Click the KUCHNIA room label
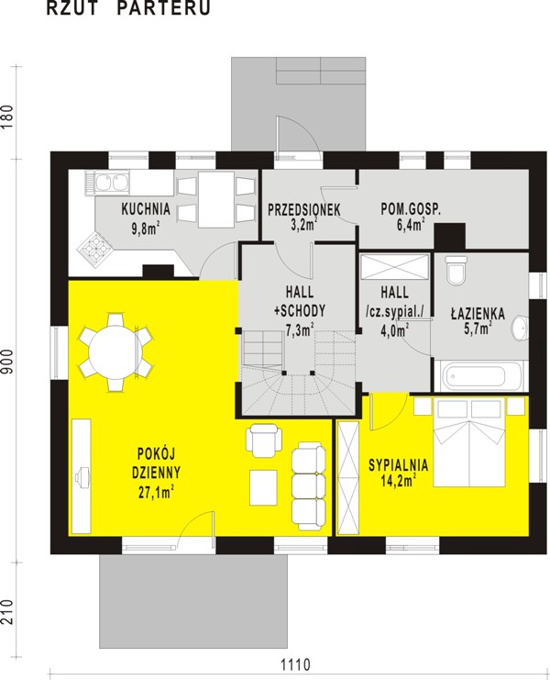point(146,209)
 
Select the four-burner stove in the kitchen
point(94,248)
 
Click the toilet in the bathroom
point(456,270)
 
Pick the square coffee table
point(263,487)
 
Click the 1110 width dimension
point(295,664)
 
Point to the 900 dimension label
point(8,361)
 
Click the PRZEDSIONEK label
point(304,210)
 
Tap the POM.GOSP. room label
point(411,209)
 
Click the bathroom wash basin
point(520,327)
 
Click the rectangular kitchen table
point(216,199)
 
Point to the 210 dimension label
point(8,612)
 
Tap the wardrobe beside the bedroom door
point(348,478)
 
